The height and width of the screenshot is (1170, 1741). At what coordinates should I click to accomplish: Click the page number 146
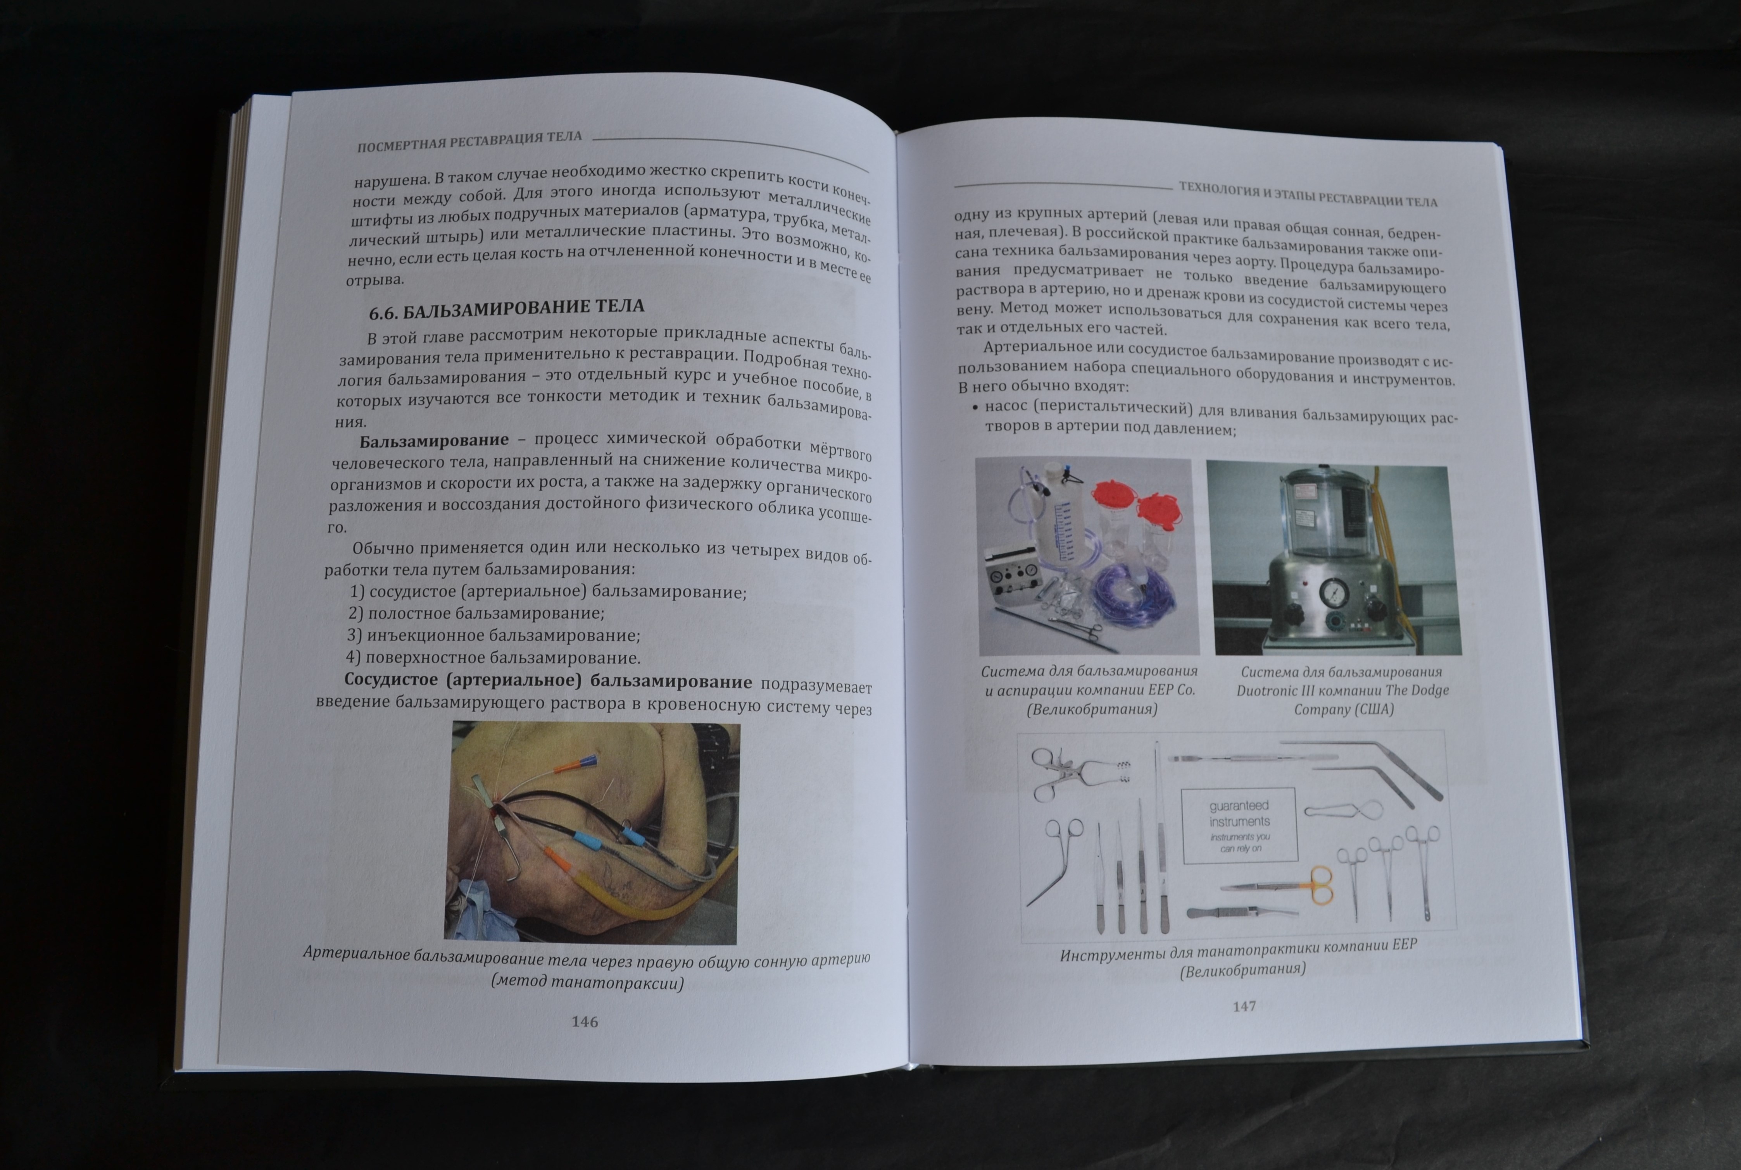pyautogui.click(x=585, y=1022)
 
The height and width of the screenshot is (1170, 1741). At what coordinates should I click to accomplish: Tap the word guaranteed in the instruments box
pyautogui.click(x=1239, y=806)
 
